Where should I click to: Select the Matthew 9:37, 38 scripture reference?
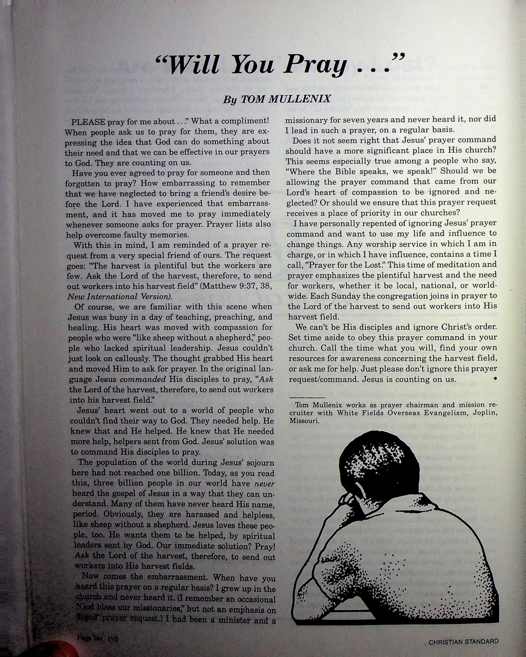click(237, 286)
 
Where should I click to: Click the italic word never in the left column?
click(264, 484)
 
